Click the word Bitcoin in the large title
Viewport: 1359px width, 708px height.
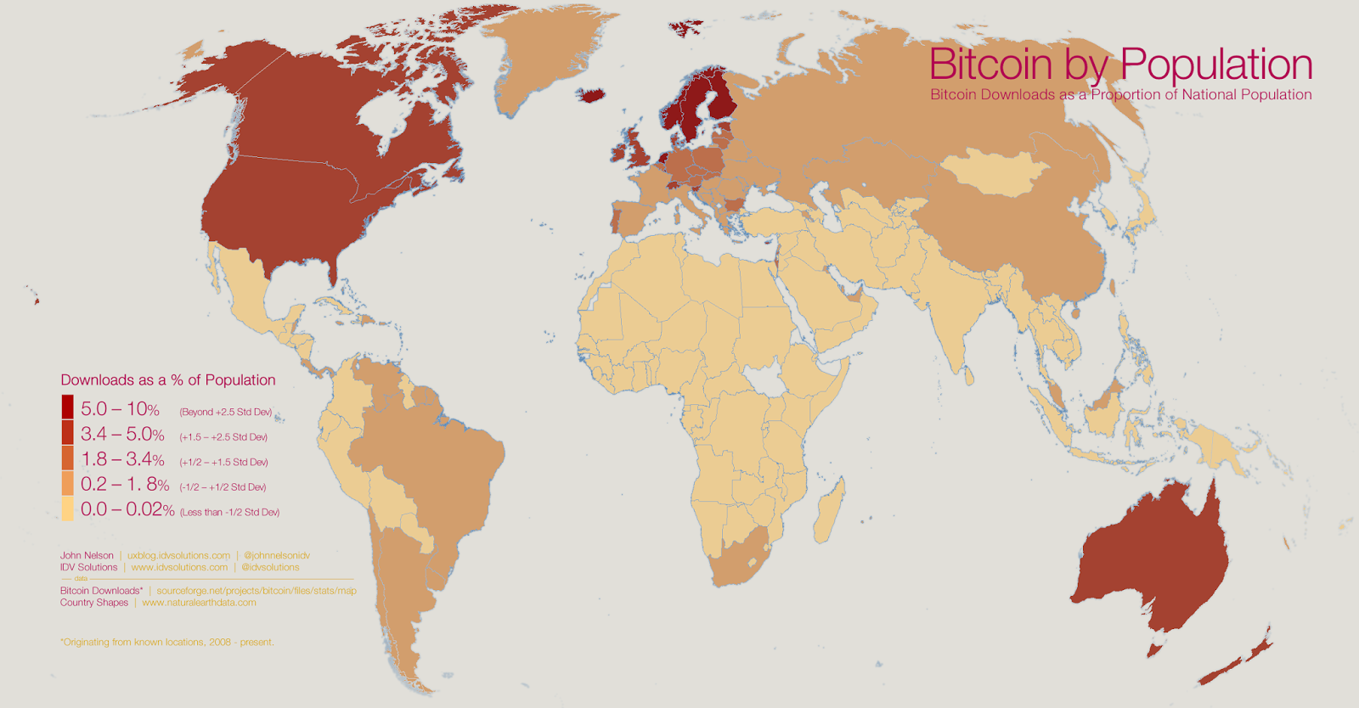pos(990,65)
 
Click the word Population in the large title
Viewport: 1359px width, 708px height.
pos(1215,65)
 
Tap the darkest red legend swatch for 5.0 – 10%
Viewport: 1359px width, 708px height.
pos(67,407)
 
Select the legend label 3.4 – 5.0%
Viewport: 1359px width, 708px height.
pos(122,435)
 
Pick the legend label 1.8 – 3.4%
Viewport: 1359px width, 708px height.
pos(122,460)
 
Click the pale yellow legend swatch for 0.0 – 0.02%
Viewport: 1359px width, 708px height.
pos(67,509)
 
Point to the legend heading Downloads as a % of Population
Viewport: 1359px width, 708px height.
pos(167,380)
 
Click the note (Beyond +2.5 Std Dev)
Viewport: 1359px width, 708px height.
pos(225,413)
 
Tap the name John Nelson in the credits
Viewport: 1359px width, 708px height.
pos(87,555)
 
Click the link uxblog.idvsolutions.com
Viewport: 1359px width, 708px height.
pos(178,555)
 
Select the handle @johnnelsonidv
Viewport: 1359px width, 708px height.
pos(276,555)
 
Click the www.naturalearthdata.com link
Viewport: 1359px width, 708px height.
pos(199,603)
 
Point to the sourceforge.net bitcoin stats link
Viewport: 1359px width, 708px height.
pos(257,591)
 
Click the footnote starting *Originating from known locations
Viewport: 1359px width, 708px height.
pos(166,643)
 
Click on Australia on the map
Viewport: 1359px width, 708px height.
pos(1155,560)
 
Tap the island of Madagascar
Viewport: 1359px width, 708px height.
pos(830,509)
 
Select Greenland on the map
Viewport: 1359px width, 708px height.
pos(544,59)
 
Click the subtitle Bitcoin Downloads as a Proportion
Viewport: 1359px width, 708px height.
pos(1120,95)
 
